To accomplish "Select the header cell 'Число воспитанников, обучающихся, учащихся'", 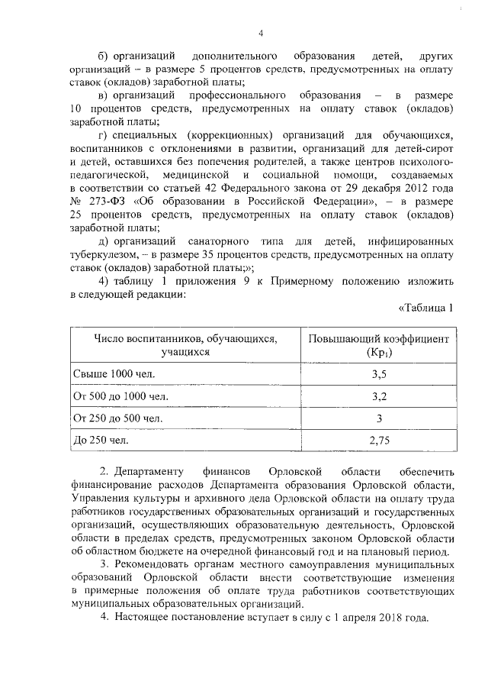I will coord(185,345).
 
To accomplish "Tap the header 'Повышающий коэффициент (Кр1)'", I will coord(379,345).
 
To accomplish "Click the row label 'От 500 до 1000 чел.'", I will coord(120,397).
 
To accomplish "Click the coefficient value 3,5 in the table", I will coord(379,375).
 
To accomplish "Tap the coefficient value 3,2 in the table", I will coord(379,397).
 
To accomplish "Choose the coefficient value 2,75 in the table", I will coord(379,441).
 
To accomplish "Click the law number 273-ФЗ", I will coord(108,202).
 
